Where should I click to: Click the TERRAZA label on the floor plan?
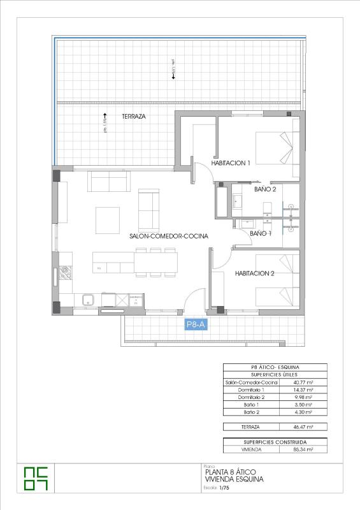pos(134,117)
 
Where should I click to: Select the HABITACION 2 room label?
pos(254,273)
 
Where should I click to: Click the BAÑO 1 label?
pos(261,234)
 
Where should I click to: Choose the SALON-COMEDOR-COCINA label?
pos(169,236)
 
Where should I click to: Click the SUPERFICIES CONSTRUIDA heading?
pos(275,441)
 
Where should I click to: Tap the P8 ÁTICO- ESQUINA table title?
pos(275,367)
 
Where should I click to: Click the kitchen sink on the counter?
pos(88,299)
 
